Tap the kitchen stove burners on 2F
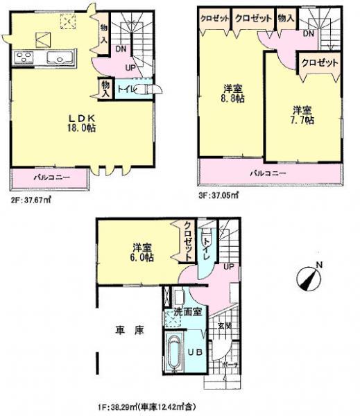tap(22, 58)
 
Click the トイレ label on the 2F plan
tap(126, 89)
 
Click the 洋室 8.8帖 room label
tap(232, 93)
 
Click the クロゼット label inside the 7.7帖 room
tap(320, 62)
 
